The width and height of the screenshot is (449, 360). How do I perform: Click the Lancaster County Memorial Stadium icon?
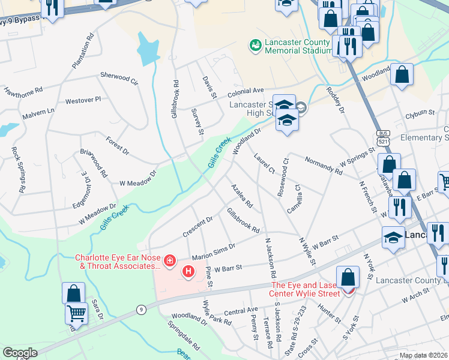point(256,45)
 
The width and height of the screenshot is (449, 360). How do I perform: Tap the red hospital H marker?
point(188,272)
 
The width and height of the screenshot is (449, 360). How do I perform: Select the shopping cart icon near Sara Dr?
point(76,313)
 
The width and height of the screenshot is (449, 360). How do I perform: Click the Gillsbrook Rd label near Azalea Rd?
point(243,221)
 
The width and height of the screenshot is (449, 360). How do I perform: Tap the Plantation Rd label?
point(83,50)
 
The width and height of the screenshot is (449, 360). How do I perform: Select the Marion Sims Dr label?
point(213,249)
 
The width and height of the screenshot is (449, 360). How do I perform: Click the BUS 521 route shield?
point(382,137)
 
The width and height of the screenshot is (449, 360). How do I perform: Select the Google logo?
point(20,353)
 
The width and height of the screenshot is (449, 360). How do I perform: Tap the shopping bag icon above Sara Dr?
point(73,293)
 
